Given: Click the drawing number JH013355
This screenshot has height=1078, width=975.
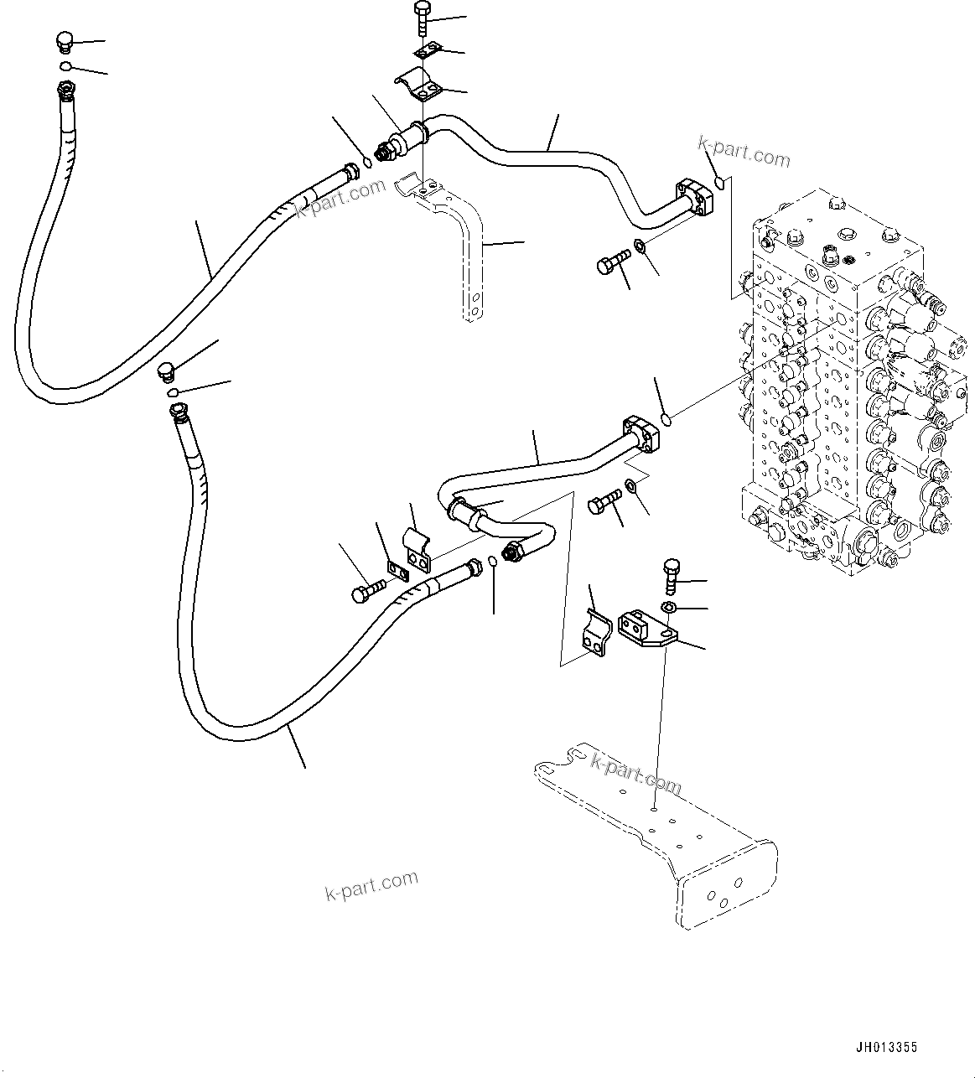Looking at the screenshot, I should tap(886, 1047).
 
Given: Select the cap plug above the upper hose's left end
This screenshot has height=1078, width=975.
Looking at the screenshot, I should tap(65, 42).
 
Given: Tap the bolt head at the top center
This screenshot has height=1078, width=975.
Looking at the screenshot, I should tap(421, 12).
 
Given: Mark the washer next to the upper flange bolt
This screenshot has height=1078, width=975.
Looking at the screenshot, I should tap(639, 246).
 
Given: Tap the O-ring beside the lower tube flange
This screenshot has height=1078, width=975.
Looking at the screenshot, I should tap(666, 418).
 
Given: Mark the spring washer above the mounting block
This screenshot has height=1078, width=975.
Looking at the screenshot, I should tap(669, 606).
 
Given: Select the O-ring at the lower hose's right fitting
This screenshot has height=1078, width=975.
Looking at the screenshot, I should tap(494, 563).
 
